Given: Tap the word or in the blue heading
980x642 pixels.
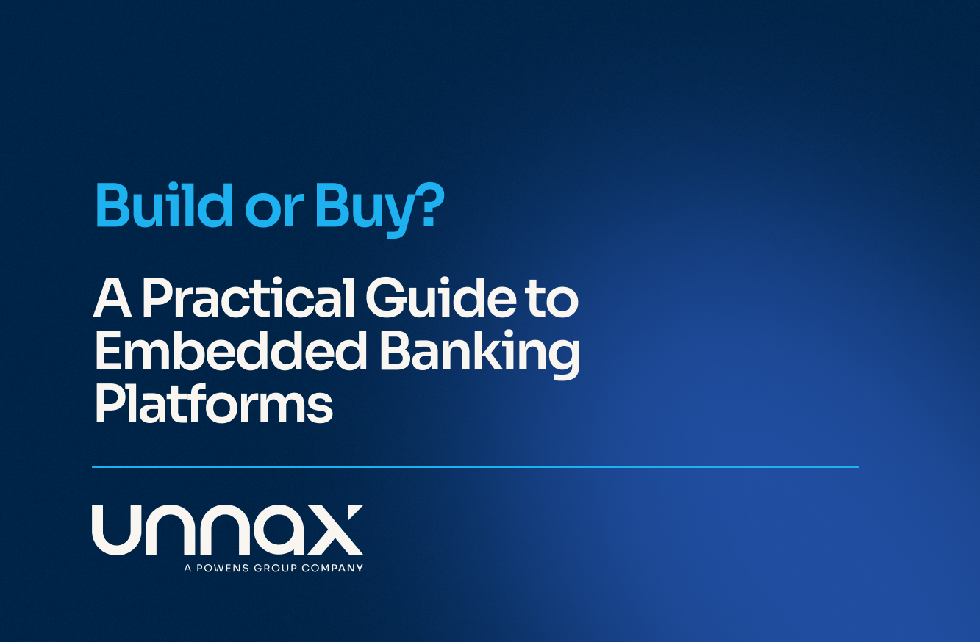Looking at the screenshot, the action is point(274,212).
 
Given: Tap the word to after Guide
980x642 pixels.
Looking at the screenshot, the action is point(552,300).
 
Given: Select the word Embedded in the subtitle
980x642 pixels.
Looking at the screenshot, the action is point(231,350).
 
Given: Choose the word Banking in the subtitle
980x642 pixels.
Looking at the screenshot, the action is point(480,355).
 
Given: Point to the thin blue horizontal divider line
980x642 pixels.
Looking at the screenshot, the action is point(475,467).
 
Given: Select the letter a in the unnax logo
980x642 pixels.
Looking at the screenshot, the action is point(273,530).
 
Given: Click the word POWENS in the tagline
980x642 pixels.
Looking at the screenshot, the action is point(223,568).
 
